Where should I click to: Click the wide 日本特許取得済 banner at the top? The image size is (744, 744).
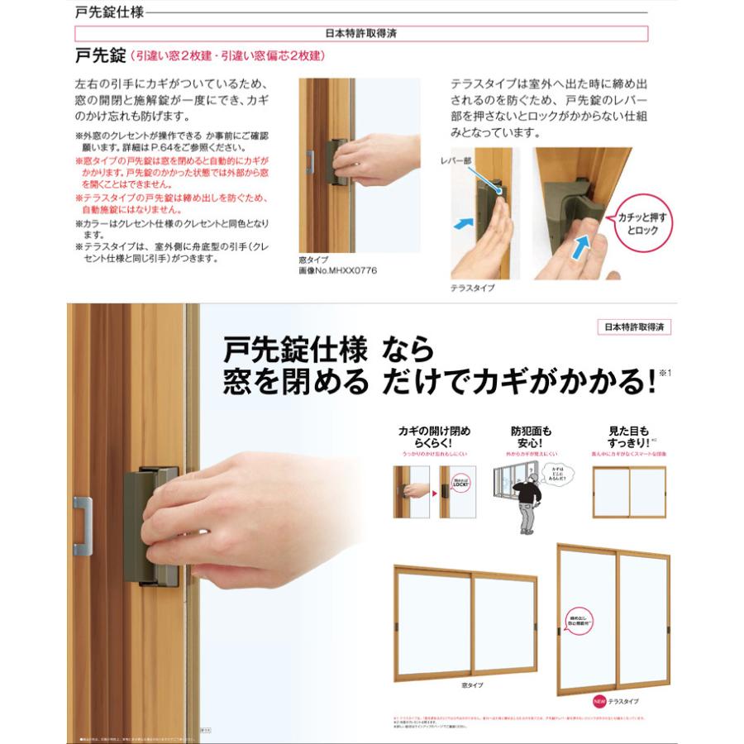[361, 34]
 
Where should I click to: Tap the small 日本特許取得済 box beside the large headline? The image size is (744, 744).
[633, 327]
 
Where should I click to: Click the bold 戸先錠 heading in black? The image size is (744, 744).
[99, 55]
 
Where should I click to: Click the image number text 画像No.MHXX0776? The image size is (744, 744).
[337, 270]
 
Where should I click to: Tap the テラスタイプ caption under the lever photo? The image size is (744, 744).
[473, 288]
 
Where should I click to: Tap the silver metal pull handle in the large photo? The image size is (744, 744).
[82, 525]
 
